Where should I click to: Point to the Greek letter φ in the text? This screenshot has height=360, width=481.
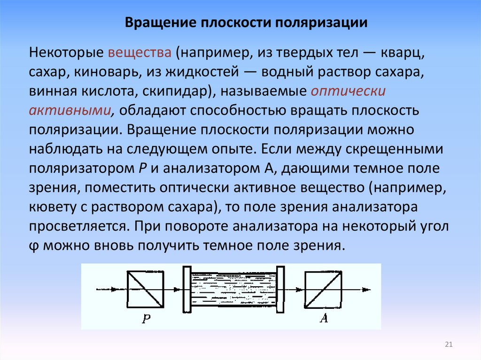pyautogui.click(x=33, y=245)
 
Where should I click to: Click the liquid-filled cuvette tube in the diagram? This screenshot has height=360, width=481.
pyautogui.click(x=234, y=290)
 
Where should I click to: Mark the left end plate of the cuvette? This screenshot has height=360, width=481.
pyautogui.click(x=187, y=290)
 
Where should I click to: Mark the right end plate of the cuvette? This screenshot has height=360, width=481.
pyautogui.click(x=281, y=290)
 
